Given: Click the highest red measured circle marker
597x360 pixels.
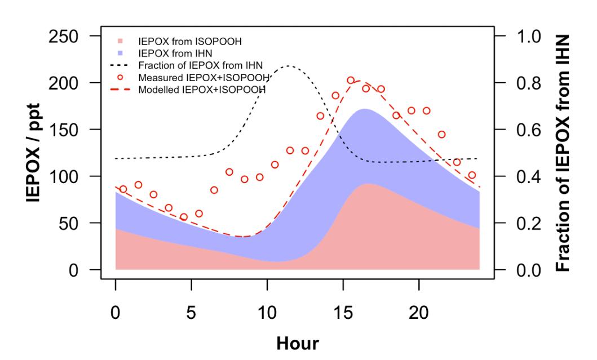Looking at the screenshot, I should click(x=351, y=81).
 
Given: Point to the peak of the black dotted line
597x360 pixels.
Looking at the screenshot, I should click(x=289, y=66).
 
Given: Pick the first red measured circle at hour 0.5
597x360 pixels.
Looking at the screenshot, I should click(x=123, y=189).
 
